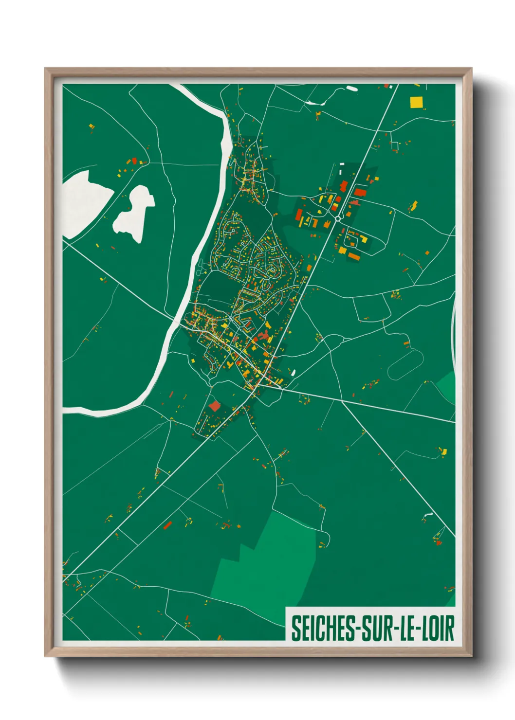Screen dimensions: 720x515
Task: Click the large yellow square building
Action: (x=416, y=102)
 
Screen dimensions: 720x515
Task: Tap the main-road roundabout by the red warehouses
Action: (x=337, y=219)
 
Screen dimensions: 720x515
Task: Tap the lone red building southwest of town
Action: (x=214, y=406)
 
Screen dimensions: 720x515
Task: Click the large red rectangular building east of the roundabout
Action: (x=360, y=192)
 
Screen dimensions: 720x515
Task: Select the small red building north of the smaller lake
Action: (x=134, y=160)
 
